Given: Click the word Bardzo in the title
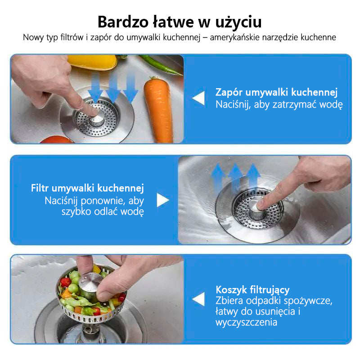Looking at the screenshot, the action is click(x=123, y=22).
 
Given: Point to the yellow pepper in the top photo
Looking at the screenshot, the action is click(x=92, y=62).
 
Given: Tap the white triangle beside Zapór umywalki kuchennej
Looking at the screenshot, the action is click(x=198, y=98).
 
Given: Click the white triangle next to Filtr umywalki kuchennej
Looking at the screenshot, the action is click(x=163, y=200).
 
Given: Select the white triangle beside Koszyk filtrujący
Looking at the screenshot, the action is click(x=198, y=299).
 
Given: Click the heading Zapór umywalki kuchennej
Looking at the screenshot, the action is click(x=276, y=92).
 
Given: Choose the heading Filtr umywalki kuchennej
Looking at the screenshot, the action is click(x=87, y=188).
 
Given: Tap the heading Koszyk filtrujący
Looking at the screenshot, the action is click(x=252, y=290).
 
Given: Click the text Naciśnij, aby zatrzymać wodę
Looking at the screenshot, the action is click(x=279, y=105).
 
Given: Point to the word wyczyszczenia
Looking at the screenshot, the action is click(x=246, y=322).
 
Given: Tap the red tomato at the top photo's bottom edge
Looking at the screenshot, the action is click(x=56, y=139).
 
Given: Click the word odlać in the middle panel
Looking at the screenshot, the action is click(x=106, y=211).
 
